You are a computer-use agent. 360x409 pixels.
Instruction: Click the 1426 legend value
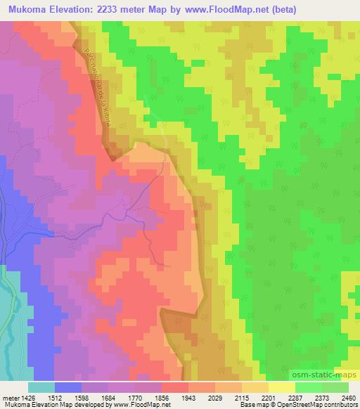(x=30, y=397)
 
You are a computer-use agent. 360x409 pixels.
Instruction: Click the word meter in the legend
(x=11, y=397)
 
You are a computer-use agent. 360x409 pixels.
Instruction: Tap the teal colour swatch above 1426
(x=41, y=387)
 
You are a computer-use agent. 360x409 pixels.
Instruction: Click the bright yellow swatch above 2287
(x=282, y=387)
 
